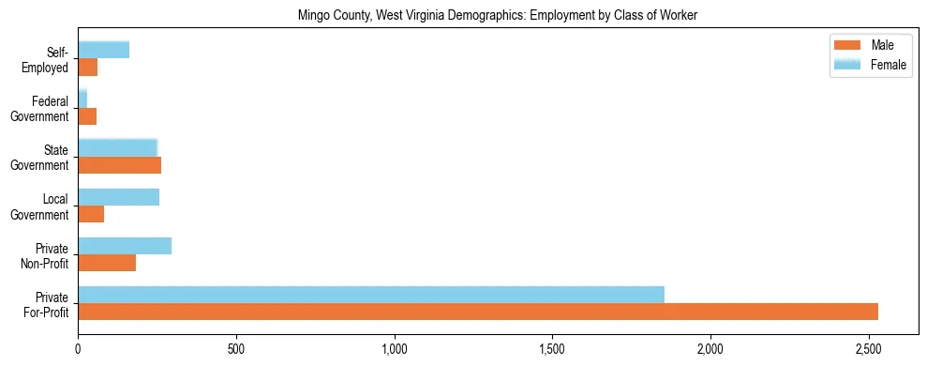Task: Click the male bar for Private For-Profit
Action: pyautogui.click(x=478, y=312)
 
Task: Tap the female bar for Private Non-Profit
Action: pyautogui.click(x=125, y=246)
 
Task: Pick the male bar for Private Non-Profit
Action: pyautogui.click(x=107, y=263)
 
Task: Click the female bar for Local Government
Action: pyautogui.click(x=118, y=197)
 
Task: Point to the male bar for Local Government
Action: pyautogui.click(x=91, y=214)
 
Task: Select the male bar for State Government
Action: pyautogui.click(x=119, y=165)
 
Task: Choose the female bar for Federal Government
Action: pyautogui.click(x=82, y=99)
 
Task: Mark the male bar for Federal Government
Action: pyautogui.click(x=87, y=116)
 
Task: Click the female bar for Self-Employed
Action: pyautogui.click(x=103, y=51)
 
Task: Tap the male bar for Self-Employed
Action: pyautogui.click(x=87, y=68)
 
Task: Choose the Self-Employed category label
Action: pyautogui.click(x=47, y=60)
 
